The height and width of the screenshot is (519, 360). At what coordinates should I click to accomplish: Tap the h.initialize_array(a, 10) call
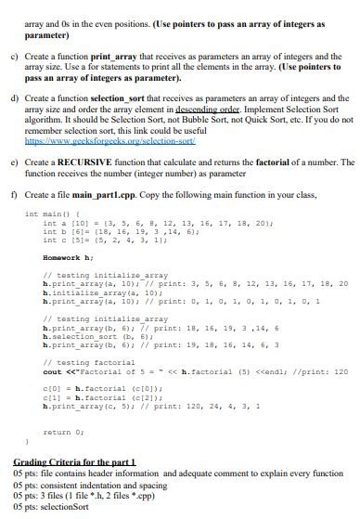click(92, 286)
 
